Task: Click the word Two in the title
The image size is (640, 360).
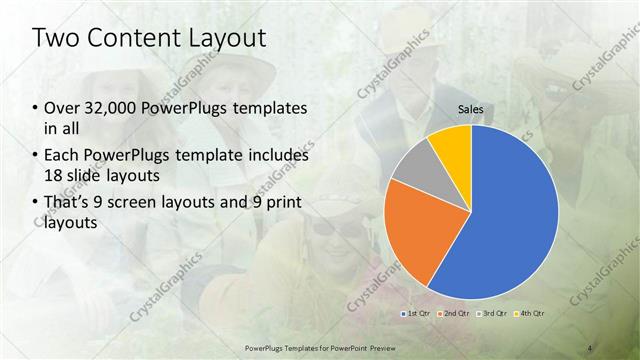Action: pyautogui.click(x=57, y=39)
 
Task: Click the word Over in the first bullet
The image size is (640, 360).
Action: pyautogui.click(x=59, y=108)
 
